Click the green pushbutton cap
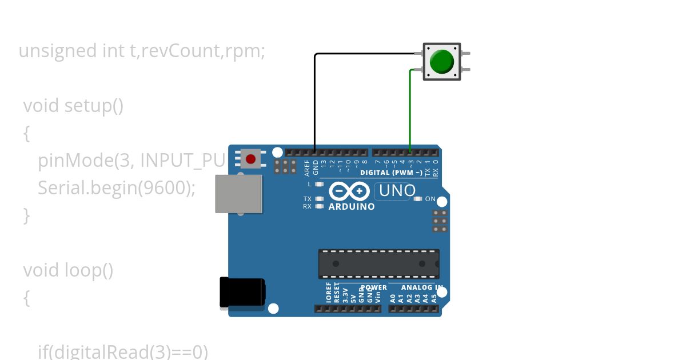tap(441, 61)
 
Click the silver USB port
tap(238, 194)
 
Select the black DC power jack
tap(242, 293)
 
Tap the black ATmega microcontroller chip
tap(379, 263)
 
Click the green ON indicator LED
tap(418, 199)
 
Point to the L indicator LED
tap(319, 184)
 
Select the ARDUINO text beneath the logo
tap(352, 206)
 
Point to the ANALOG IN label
tap(422, 287)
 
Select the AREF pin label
tap(307, 167)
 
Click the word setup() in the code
tap(94, 106)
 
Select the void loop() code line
tap(68, 270)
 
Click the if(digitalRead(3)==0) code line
tap(123, 351)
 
